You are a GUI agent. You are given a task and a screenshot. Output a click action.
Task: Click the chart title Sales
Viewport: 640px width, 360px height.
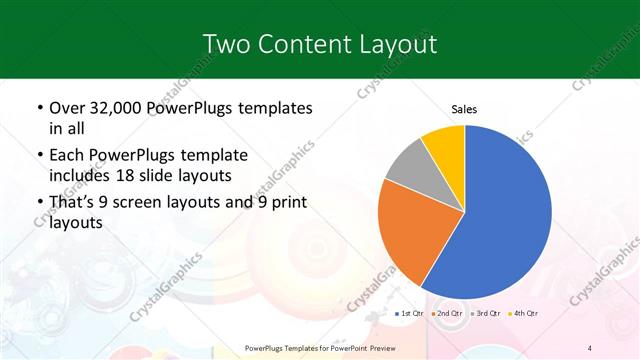coord(465,108)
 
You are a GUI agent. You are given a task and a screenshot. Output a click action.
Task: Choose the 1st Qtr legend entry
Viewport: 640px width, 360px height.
coord(411,314)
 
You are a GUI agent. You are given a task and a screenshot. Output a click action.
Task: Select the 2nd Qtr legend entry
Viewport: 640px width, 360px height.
coord(447,314)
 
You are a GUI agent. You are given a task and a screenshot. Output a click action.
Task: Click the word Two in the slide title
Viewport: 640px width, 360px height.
coord(226,44)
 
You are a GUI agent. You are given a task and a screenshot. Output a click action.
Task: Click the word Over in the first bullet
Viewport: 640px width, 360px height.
coord(67,108)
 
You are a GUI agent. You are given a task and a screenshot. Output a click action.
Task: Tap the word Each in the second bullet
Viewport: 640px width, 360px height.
coord(68,156)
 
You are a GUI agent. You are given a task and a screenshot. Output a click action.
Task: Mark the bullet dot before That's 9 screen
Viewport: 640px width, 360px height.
coord(38,204)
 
